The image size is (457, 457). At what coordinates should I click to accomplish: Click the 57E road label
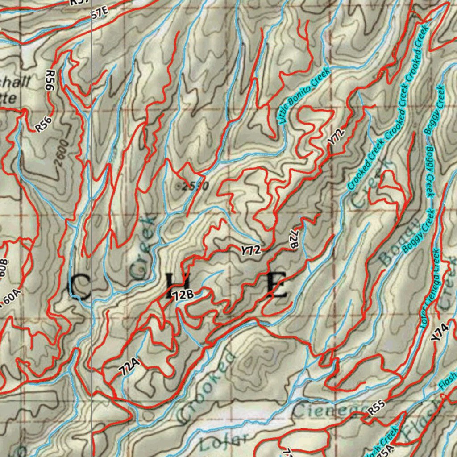pos(100,12)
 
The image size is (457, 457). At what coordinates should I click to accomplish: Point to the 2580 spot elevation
pos(193,186)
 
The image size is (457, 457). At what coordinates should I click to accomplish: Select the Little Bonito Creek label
pos(303,95)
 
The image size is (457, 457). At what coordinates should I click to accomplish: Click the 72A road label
pos(129,367)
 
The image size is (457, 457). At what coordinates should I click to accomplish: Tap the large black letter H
pos(175,286)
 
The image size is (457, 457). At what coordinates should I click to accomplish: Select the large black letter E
pos(277,285)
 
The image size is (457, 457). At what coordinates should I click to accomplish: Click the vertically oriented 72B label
pos(293,240)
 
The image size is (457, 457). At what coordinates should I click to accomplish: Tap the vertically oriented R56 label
pos(50,80)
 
